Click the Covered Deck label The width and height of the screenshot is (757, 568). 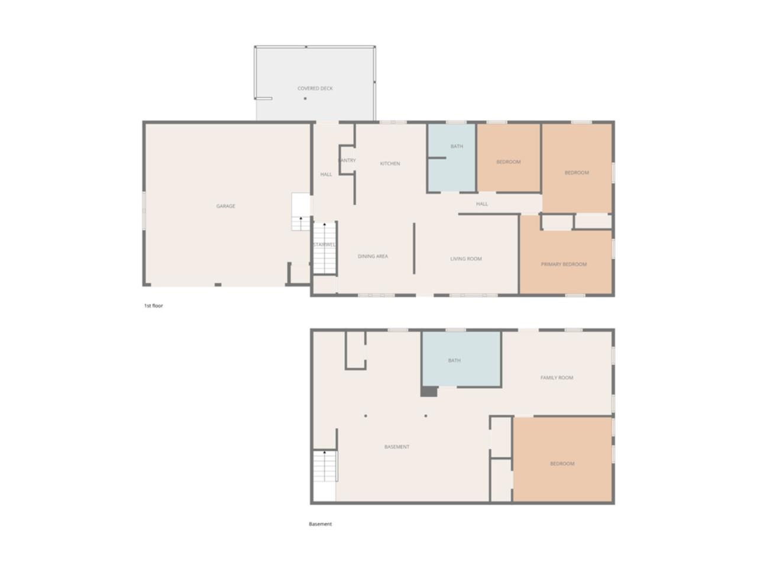[315, 89]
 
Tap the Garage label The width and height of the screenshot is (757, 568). [225, 206]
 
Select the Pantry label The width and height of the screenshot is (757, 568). [347, 160]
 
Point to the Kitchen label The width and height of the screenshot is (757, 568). [390, 164]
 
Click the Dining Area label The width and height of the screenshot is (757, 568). [373, 257]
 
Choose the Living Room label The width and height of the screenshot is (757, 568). [466, 259]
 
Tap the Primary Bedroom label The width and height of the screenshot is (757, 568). [564, 264]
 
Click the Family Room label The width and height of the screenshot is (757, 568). [557, 378]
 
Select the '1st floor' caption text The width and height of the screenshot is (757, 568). [153, 306]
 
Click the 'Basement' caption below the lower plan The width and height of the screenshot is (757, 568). [321, 524]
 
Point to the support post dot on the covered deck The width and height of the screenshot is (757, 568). [305, 99]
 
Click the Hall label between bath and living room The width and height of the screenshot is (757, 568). [482, 204]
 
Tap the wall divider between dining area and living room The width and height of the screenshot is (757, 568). [414, 248]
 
